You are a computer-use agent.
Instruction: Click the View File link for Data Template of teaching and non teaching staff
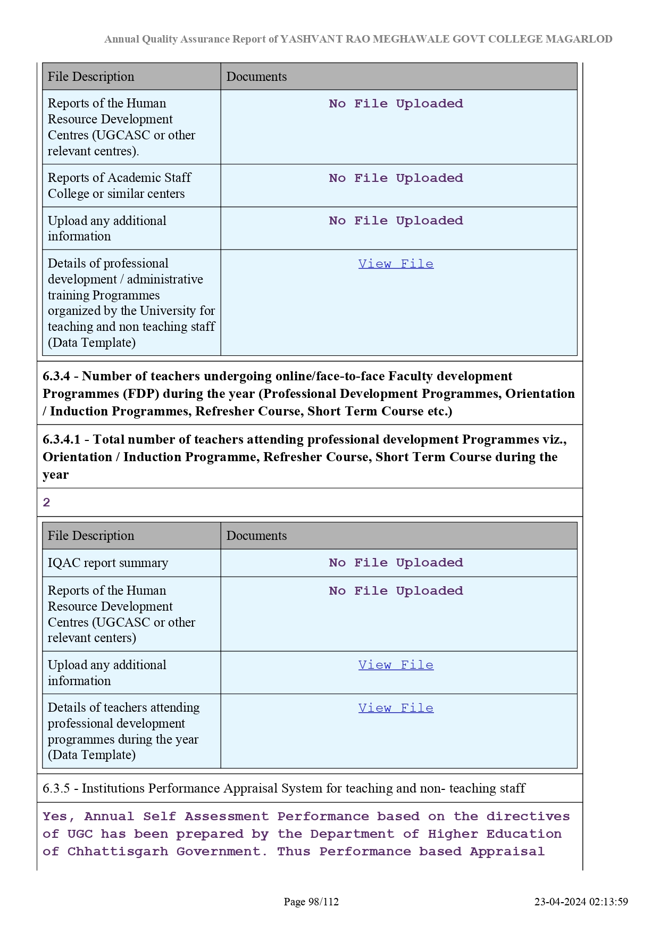click(396, 264)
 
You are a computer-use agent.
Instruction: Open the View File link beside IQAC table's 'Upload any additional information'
click(396, 665)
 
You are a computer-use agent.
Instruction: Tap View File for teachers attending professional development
click(396, 708)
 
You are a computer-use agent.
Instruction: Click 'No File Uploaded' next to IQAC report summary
click(396, 563)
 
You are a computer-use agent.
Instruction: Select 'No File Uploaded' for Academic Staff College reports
click(396, 178)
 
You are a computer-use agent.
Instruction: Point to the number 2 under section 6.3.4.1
click(47, 503)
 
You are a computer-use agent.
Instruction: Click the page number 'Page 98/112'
click(311, 902)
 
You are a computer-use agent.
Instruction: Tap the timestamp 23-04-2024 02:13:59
click(581, 902)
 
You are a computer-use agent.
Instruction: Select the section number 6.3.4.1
click(61, 439)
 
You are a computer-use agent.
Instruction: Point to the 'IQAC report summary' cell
click(108, 563)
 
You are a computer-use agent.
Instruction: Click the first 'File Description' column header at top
click(91, 77)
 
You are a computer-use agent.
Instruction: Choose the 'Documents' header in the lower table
click(256, 536)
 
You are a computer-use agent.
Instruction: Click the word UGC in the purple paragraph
click(80, 834)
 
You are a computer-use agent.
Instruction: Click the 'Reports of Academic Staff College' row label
click(119, 186)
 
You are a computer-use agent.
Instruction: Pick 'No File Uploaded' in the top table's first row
click(396, 104)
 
